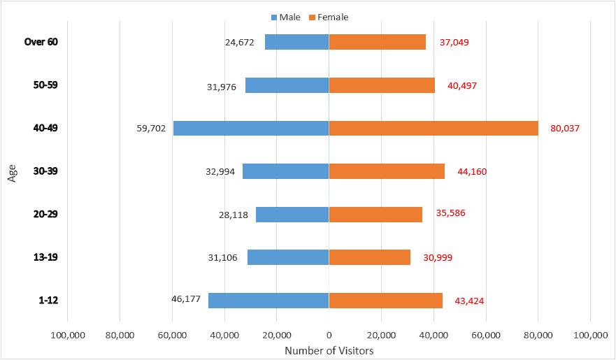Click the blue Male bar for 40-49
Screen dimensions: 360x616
[x=251, y=128]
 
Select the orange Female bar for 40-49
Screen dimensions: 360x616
[x=434, y=128]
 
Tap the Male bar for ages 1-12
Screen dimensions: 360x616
[x=268, y=300]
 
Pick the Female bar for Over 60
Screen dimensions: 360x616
[x=378, y=42]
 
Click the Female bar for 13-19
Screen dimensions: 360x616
[x=370, y=257]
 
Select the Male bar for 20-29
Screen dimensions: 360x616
[x=292, y=214]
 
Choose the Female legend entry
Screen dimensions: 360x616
[x=328, y=17]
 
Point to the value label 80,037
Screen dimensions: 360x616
[x=565, y=129]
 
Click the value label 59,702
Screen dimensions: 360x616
[x=152, y=129]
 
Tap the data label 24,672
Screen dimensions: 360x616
[x=240, y=42]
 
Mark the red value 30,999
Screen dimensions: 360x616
[x=438, y=258]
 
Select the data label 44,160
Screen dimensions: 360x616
[x=471, y=171]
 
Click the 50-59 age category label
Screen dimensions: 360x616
[x=45, y=85]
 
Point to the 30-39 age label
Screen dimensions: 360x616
[x=45, y=171]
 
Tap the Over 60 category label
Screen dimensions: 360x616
[x=41, y=42]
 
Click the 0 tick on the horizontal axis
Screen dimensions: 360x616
[x=329, y=335]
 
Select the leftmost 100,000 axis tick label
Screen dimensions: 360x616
[x=68, y=335]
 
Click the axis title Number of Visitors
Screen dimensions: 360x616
[x=329, y=350]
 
